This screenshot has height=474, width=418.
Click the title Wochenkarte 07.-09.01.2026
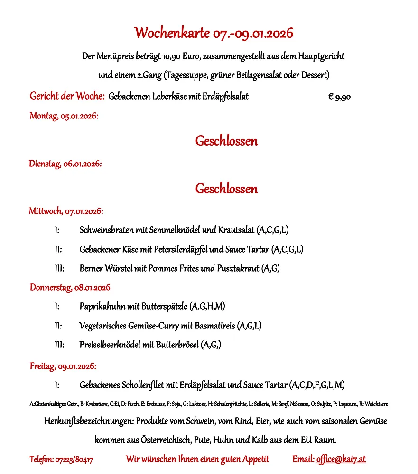(214, 33)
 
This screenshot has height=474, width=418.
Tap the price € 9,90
(339, 97)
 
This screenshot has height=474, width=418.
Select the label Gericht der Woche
(67, 96)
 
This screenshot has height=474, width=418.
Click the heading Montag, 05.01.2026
(64, 116)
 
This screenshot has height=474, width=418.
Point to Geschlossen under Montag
(226, 141)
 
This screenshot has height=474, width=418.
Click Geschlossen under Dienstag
(226, 189)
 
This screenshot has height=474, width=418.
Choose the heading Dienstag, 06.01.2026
(65, 164)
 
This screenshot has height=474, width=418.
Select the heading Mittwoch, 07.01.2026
(66, 211)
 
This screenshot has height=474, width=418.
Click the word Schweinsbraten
(106, 230)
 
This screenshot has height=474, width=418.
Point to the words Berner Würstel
(106, 269)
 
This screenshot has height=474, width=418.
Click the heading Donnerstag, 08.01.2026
(70, 287)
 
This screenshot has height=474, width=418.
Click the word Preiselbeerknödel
(110, 345)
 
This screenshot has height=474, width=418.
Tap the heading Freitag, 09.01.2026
(63, 366)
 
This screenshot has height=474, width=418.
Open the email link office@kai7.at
(341, 459)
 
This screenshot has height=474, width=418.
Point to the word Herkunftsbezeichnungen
(89, 421)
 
